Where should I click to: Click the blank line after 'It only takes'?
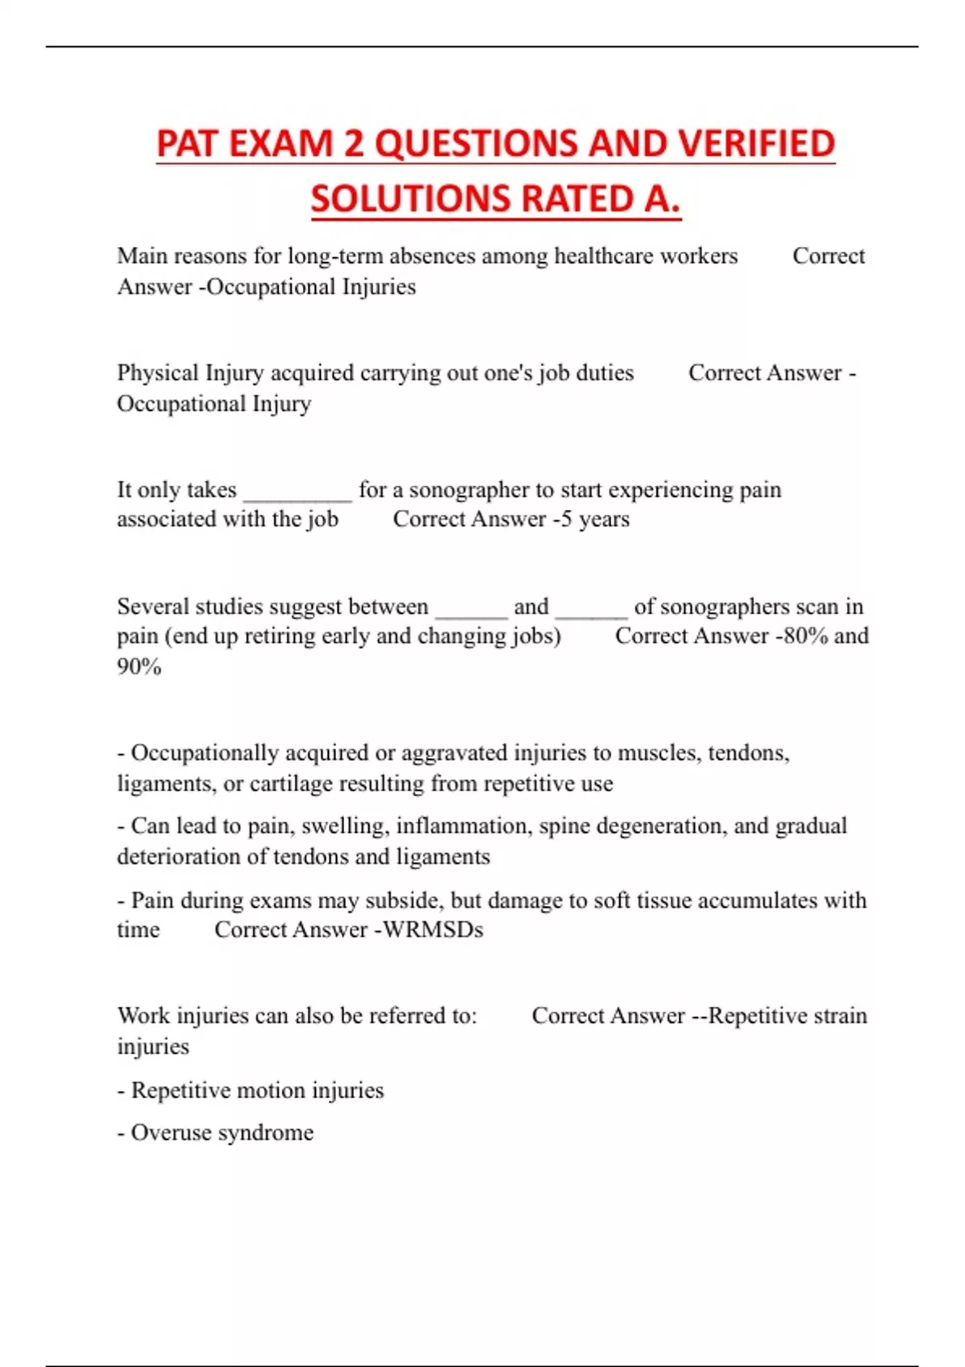pyautogui.click(x=298, y=492)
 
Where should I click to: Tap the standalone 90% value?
pyautogui.click(x=139, y=667)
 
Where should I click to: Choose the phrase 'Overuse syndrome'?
pyautogui.click(x=222, y=1133)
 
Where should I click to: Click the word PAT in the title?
pyautogui.click(x=186, y=144)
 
